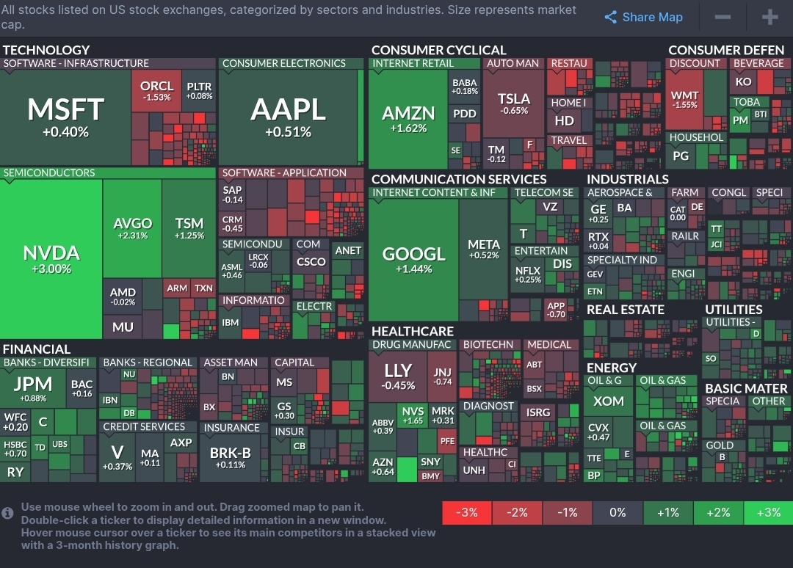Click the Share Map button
[x=644, y=18]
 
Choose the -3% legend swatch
[x=467, y=512]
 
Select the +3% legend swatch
[x=768, y=512]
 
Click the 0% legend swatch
[x=618, y=512]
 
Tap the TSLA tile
[x=513, y=103]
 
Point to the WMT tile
[x=684, y=100]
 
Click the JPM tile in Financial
[x=33, y=388]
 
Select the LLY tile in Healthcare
[x=399, y=375]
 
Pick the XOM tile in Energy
[x=609, y=401]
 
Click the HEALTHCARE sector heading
[x=413, y=331]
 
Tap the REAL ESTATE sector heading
[x=626, y=310]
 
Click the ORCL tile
[x=156, y=90]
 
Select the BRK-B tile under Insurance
[x=231, y=457]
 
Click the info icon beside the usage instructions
[x=8, y=513]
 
